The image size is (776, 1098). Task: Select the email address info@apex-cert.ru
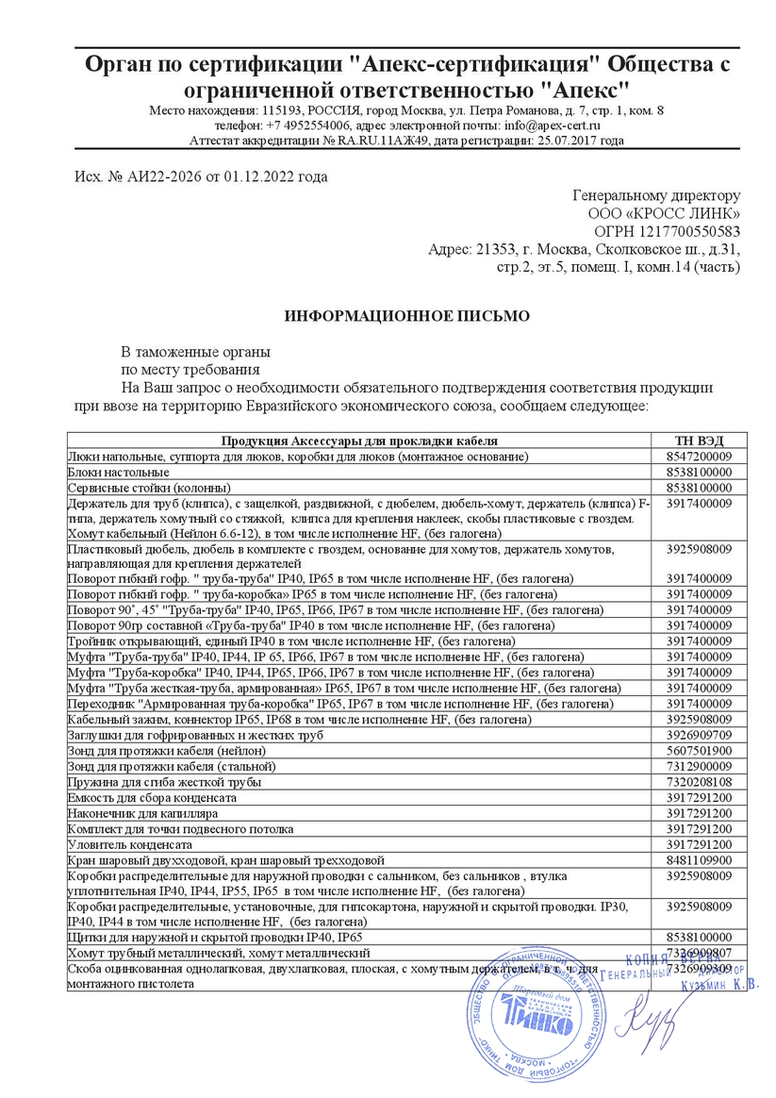552,125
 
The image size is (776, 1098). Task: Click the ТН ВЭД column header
699,441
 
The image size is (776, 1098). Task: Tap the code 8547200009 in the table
699,456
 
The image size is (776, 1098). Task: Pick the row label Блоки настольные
119,471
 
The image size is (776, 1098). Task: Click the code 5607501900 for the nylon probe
699,750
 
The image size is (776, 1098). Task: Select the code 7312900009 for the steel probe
699,766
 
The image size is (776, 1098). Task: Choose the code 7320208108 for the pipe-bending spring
699,782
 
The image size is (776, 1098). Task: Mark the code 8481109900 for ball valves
699,860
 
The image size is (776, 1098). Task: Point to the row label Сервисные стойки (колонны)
149,487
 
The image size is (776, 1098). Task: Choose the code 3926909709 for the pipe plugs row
699,734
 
